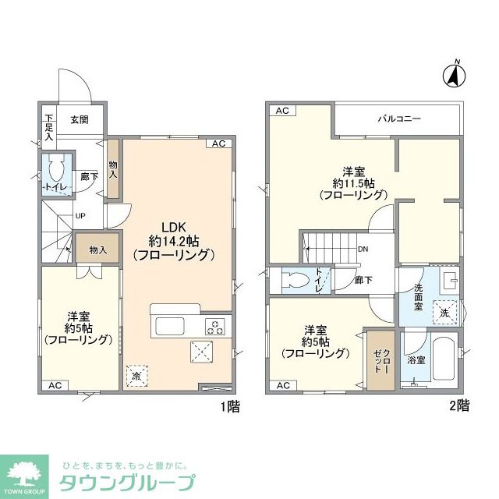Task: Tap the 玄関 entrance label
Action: (x=79, y=120)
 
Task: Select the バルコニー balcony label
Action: (x=399, y=119)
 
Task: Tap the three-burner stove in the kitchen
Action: (x=215, y=326)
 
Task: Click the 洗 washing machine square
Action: (x=445, y=311)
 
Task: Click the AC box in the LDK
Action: (x=218, y=144)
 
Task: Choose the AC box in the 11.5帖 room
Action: (x=282, y=111)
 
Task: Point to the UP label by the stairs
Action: (x=80, y=216)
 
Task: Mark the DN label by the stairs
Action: (x=363, y=249)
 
